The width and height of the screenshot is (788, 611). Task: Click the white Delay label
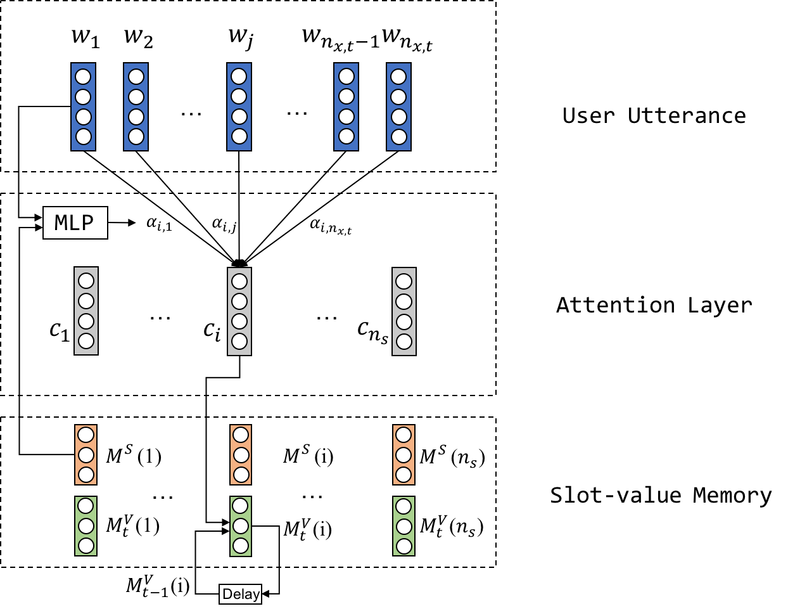[x=240, y=594]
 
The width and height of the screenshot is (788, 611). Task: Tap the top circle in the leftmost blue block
[x=83, y=77]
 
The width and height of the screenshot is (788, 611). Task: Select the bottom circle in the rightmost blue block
[x=398, y=136]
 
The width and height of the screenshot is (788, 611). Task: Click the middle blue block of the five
[x=239, y=106]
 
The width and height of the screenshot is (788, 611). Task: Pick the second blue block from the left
[x=136, y=106]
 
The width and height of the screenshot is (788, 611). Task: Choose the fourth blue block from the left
[x=346, y=106]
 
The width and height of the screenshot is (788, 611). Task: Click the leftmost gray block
[x=86, y=311]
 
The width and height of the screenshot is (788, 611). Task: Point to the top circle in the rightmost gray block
[x=404, y=281]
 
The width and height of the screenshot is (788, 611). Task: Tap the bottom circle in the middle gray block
[x=239, y=341]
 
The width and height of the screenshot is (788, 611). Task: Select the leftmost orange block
[x=86, y=454]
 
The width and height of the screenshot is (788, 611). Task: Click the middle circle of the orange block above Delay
[x=241, y=455]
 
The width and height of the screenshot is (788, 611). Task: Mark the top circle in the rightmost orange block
[x=404, y=435]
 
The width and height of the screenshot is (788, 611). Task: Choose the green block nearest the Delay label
[x=241, y=526]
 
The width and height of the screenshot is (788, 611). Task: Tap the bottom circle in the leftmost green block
[x=86, y=546]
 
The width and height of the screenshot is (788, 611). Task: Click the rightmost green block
[x=404, y=526]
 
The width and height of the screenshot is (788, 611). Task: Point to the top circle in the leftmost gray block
[x=86, y=281]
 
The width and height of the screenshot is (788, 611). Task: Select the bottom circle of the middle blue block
[x=239, y=136]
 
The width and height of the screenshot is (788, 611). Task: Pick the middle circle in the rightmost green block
[x=404, y=527]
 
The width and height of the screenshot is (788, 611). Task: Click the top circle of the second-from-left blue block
[x=136, y=77]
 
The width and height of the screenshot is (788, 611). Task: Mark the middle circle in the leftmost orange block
[x=86, y=455]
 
